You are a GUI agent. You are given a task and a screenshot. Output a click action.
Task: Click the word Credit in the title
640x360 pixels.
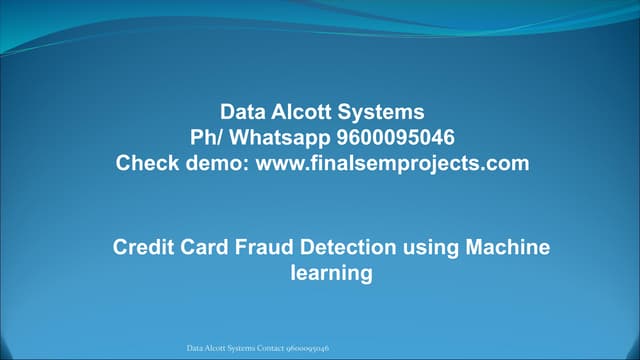pyautogui.click(x=141, y=246)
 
